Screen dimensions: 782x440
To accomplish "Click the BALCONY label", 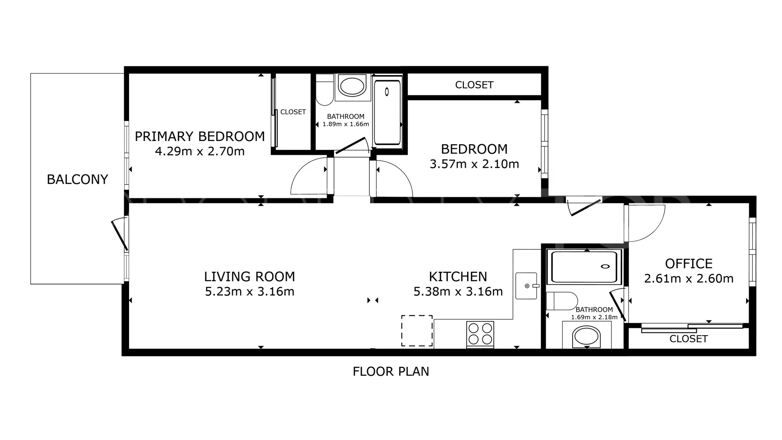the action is tap(77, 179).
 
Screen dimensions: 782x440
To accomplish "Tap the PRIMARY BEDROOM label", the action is tap(200, 136).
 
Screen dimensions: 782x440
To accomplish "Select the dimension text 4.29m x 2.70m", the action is tap(200, 152).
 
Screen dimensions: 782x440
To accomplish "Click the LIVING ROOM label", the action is tap(249, 277).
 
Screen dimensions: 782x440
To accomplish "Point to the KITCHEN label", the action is tap(458, 277).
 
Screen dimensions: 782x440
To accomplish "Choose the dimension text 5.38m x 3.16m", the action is tap(458, 292).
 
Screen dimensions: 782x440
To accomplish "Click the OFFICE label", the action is tap(689, 264).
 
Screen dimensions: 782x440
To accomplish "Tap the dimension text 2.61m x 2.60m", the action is tap(689, 279).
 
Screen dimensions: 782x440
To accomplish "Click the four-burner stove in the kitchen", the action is tap(480, 334).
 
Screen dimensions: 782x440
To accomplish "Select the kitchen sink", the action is tap(526, 286).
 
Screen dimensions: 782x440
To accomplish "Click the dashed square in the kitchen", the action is tap(417, 331).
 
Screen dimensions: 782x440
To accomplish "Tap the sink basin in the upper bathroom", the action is tap(352, 86).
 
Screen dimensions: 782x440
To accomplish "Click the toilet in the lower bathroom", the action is tap(562, 301).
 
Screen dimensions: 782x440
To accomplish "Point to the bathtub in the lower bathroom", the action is tap(584, 267).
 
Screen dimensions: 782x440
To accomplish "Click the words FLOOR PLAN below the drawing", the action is tap(391, 372).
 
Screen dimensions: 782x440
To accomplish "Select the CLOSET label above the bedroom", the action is tap(474, 85).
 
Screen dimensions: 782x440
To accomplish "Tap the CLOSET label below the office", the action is tap(688, 339).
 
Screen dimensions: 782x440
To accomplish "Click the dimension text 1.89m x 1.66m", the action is tap(346, 124).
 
